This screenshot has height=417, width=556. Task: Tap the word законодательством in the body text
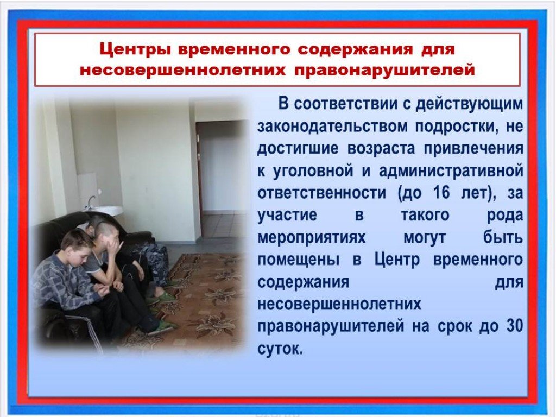pyautogui.click(x=332, y=126)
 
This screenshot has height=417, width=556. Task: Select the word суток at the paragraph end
pyautogui.click(x=280, y=349)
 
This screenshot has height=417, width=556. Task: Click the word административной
pyautogui.click(x=451, y=171)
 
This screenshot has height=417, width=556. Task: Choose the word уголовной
pyautogui.click(x=313, y=171)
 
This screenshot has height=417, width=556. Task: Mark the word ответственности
pyautogui.click(x=321, y=193)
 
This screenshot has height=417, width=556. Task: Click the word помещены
pyautogui.click(x=298, y=260)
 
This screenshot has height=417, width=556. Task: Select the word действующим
pyautogui.click(x=470, y=104)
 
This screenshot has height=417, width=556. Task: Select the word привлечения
pyautogui.click(x=473, y=149)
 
